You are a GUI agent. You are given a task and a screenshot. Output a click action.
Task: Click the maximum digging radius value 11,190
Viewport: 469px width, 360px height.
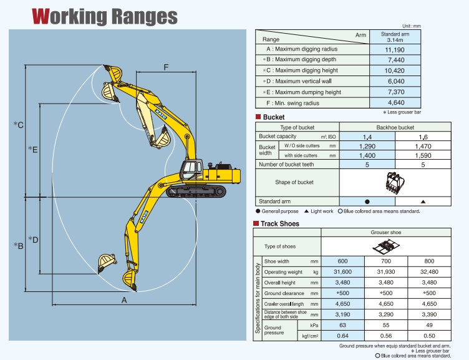point(395,50)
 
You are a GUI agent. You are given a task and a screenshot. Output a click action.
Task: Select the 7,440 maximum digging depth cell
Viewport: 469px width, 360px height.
point(395,60)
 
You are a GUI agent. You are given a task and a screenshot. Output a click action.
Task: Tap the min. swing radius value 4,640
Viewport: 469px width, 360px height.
point(396,103)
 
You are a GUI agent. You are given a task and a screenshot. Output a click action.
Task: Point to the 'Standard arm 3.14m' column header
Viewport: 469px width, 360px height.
point(395,37)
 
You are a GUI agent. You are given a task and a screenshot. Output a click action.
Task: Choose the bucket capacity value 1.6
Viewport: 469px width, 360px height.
point(423,137)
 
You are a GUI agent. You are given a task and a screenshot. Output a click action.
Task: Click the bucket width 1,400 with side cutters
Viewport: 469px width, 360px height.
point(367,155)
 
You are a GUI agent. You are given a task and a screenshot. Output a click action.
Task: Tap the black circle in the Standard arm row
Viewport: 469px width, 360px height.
point(367,202)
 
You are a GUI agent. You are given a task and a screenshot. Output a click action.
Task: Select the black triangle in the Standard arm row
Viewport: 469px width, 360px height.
point(423,202)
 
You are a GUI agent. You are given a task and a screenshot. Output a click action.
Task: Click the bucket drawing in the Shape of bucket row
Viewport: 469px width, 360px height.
point(395,183)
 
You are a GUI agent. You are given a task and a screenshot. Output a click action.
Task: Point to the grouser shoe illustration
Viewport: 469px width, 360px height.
point(386,246)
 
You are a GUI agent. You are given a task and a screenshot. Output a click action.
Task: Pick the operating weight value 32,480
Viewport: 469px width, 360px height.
point(429,272)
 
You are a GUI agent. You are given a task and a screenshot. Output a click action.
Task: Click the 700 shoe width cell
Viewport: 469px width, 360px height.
point(386,261)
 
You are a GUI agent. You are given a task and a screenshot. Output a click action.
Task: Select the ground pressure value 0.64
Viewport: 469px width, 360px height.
point(342,336)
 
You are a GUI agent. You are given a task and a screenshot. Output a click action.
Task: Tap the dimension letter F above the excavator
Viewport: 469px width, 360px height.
point(166,67)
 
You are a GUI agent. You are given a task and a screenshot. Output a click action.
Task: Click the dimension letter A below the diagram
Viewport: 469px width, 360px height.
point(124,300)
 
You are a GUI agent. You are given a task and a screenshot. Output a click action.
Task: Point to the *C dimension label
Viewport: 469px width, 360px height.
point(19,125)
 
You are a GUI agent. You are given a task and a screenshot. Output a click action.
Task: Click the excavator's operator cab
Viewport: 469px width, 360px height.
point(191,170)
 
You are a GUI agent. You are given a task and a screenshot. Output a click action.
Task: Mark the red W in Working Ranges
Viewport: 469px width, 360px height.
point(41,16)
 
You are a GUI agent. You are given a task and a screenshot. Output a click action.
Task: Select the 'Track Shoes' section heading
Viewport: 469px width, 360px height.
point(279,223)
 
